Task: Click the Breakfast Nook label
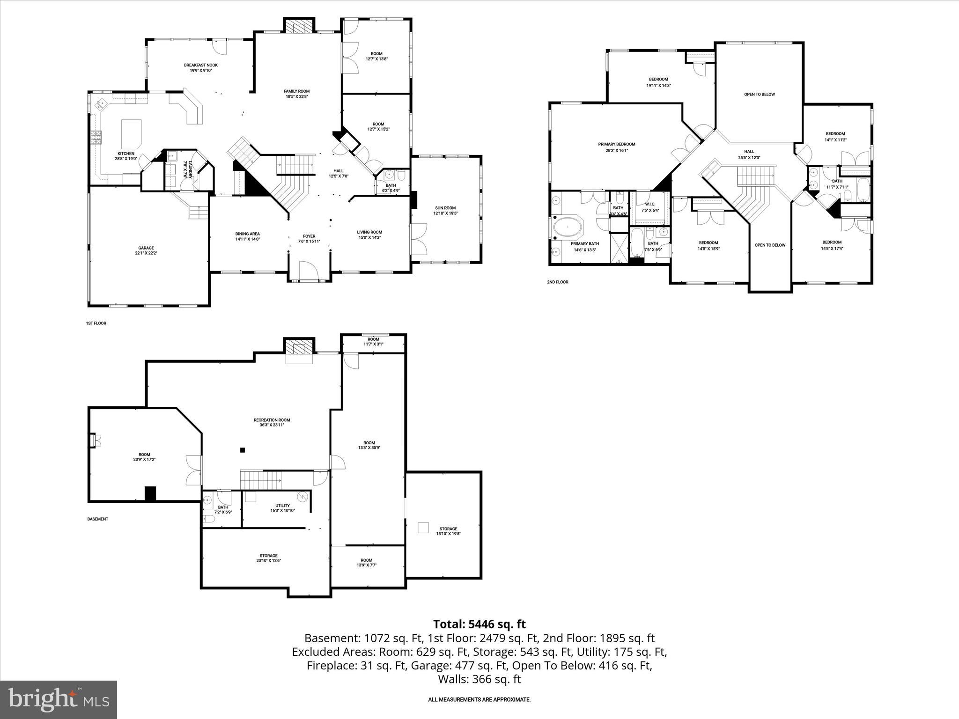click(200, 65)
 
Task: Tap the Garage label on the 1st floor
click(146, 248)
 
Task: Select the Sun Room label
click(445, 208)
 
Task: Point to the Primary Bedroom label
click(616, 144)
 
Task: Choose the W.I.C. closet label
click(649, 204)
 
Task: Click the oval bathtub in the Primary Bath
click(568, 229)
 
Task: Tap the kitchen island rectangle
click(132, 133)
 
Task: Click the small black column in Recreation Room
click(242, 450)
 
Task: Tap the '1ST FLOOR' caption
click(96, 323)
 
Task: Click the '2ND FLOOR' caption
click(557, 282)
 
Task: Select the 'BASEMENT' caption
click(97, 519)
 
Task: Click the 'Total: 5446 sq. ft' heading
click(479, 624)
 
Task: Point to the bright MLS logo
click(59, 699)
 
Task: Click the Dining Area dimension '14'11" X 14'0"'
click(247, 239)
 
